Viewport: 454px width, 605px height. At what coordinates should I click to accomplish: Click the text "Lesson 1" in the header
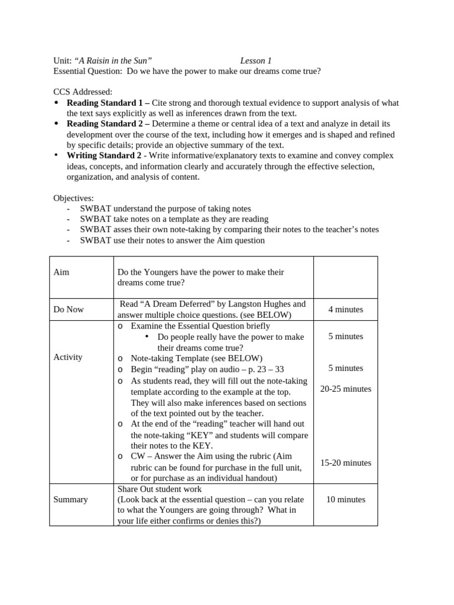(256, 61)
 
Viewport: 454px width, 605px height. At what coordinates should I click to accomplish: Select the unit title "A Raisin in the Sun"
(113, 61)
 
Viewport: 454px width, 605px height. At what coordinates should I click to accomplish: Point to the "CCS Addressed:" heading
(83, 92)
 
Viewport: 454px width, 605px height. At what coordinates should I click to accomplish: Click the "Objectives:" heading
(73, 198)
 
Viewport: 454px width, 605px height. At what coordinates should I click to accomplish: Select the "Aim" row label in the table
(61, 272)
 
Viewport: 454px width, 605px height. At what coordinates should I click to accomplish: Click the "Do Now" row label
(69, 310)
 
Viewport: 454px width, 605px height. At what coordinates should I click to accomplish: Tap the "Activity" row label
(68, 357)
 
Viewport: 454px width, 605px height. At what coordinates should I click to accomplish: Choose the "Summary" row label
(70, 499)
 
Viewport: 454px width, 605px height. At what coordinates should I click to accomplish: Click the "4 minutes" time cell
(346, 310)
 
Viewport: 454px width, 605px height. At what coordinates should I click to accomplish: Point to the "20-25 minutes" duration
(346, 389)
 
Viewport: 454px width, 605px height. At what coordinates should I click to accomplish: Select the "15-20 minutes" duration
(346, 463)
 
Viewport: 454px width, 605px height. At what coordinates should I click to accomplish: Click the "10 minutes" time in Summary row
(346, 499)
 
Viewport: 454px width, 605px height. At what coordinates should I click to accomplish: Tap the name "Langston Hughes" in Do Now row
(261, 304)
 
